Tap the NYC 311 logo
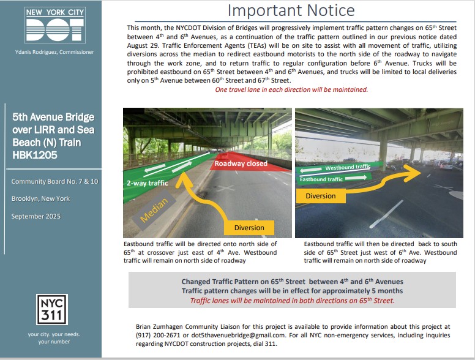51,310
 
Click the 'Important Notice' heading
291,10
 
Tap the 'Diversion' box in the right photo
321,196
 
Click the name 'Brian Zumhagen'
156,326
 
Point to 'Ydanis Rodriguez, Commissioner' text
51,52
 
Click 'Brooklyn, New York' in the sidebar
40,198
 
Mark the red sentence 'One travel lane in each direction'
291,89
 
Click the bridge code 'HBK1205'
35,154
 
